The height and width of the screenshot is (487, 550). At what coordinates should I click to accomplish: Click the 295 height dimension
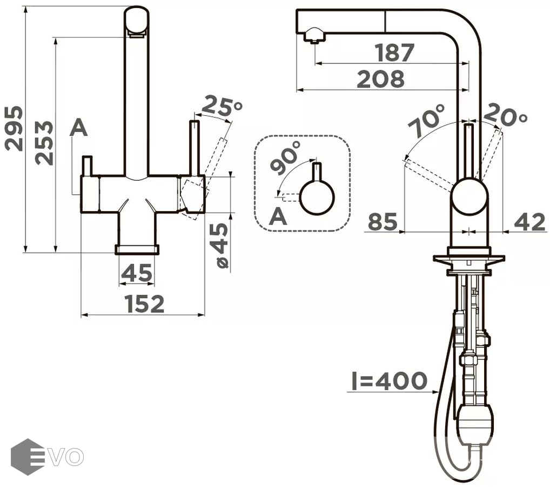[14, 129]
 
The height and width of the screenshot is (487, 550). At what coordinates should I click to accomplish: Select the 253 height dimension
[44, 143]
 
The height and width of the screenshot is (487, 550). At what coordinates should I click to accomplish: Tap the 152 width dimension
[144, 304]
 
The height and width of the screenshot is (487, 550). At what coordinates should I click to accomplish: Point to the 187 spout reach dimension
[395, 52]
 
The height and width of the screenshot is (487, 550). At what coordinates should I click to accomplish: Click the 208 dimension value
[380, 79]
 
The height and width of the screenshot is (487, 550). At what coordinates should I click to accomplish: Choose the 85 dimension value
[383, 222]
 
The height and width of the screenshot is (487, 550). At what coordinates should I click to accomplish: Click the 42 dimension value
[529, 222]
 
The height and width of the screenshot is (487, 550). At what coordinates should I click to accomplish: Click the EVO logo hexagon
[28, 457]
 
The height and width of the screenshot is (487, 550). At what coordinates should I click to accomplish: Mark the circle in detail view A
[318, 198]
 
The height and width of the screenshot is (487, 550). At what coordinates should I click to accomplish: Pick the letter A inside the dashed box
[278, 216]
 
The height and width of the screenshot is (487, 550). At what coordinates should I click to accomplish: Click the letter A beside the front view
[78, 127]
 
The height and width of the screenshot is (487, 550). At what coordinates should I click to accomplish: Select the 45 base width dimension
[137, 273]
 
